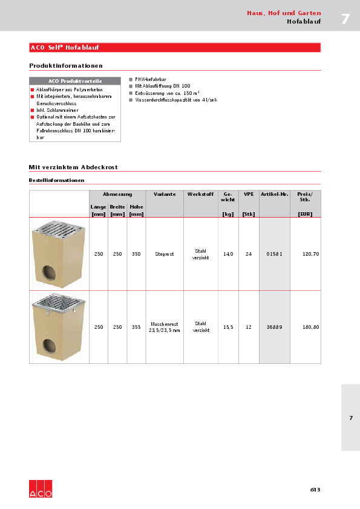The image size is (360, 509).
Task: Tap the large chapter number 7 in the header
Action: click(345, 19)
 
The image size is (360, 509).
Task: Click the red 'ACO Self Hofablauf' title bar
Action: click(175, 47)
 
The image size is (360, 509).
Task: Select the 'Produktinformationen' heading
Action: click(66, 65)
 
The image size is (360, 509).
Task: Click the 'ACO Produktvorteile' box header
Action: click(75, 80)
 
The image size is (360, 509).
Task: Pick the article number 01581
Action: click(274, 254)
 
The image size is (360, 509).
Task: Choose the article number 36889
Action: click(274, 327)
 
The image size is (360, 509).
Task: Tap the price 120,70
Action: click(310, 254)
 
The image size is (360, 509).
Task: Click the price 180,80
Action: click(310, 327)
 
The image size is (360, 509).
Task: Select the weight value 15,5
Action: click(228, 327)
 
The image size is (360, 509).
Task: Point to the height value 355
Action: click(136, 327)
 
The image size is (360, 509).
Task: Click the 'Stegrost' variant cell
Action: click(165, 254)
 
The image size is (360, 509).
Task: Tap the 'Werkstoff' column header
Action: click(200, 195)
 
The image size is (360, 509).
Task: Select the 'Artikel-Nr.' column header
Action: click(274, 195)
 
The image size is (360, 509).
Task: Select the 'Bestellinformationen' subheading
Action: click(56, 180)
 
